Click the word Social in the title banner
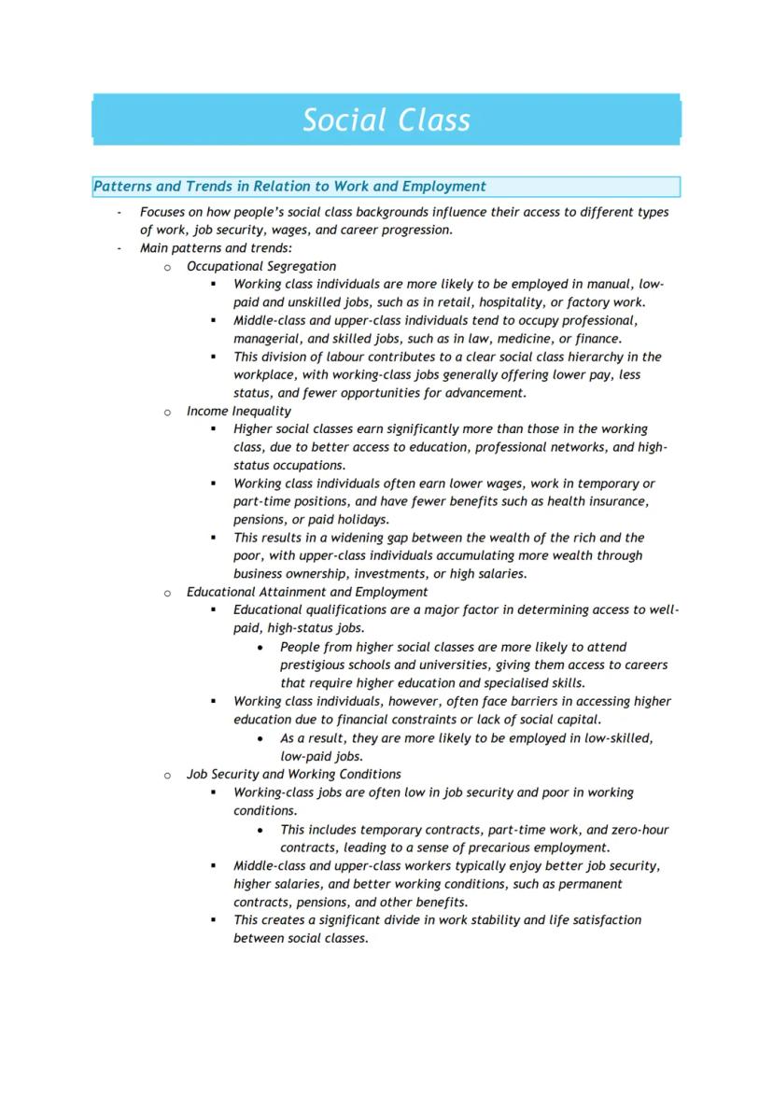[344, 120]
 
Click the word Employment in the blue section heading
[443, 187]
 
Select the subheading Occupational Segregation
[261, 266]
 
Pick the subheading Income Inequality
[239, 411]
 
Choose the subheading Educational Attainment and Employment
[307, 592]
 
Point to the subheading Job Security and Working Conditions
[294, 774]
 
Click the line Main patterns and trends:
[217, 248]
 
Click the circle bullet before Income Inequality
[168, 412]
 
